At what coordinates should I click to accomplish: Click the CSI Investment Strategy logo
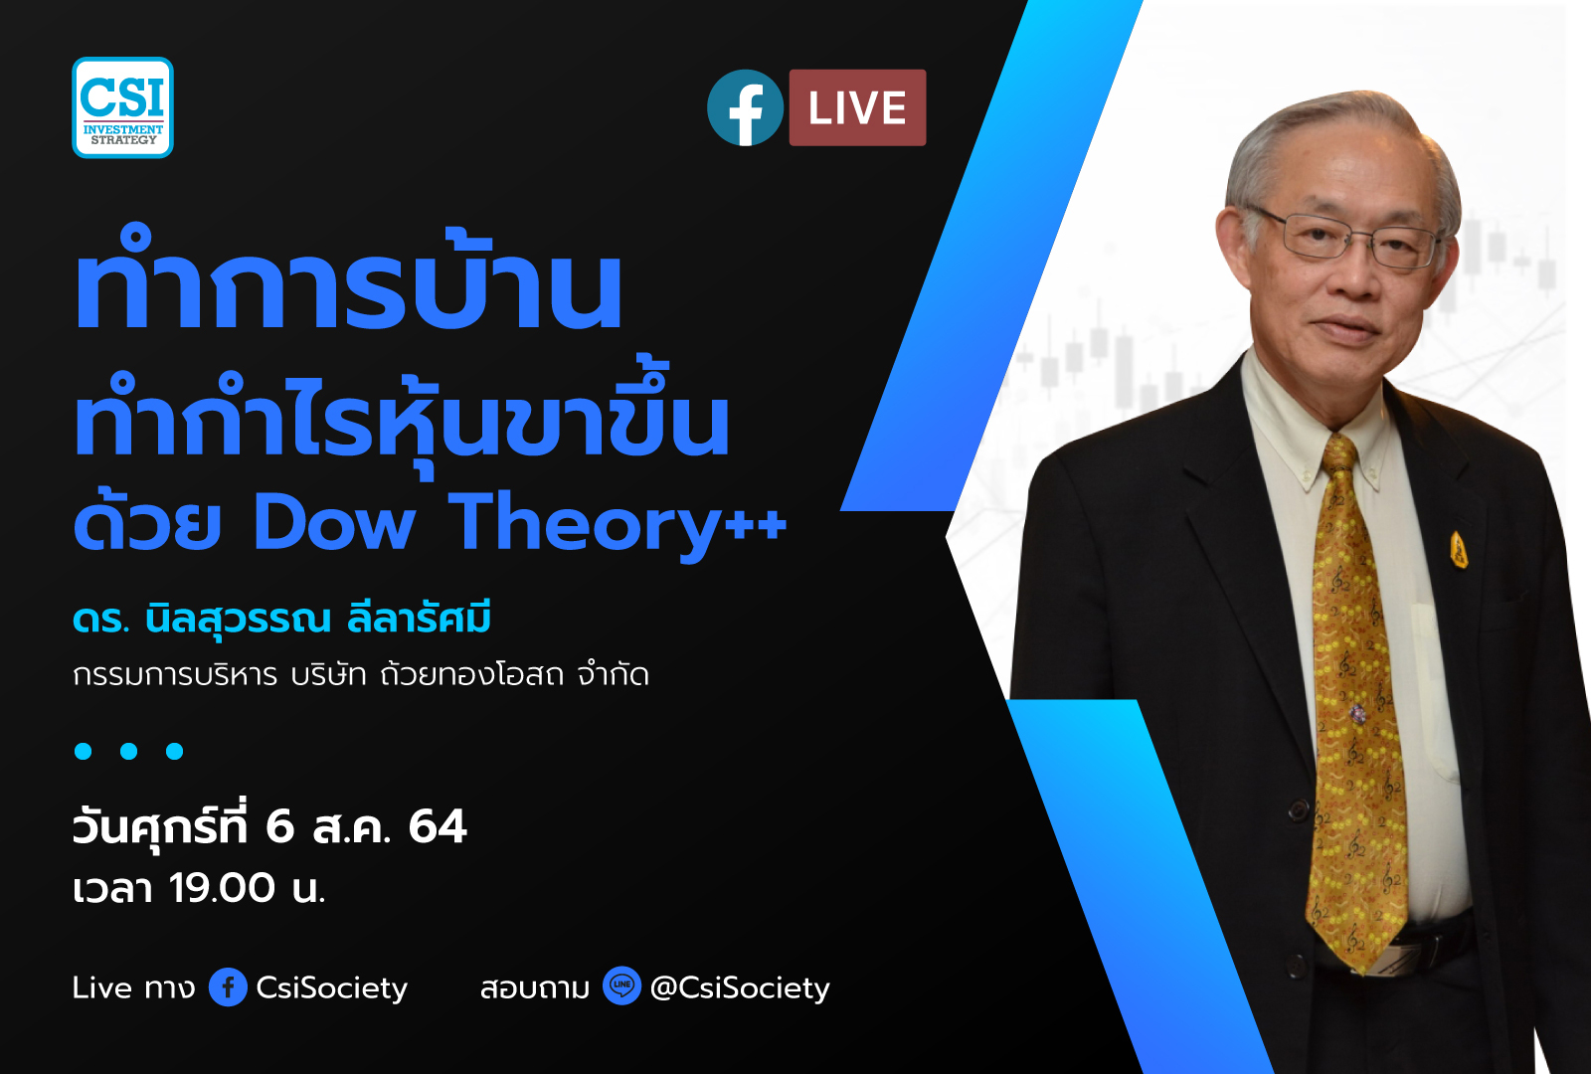point(122,107)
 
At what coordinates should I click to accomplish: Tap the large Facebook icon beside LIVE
point(745,107)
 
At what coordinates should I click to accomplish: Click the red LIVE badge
point(857,107)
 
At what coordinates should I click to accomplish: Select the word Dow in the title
point(333,523)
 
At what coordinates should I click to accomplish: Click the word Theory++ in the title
point(618,523)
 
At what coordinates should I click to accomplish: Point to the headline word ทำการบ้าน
point(348,288)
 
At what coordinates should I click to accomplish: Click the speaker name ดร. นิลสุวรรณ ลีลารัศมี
point(281,621)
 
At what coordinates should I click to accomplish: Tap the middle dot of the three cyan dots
point(128,751)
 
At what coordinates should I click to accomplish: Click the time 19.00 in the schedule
point(222,888)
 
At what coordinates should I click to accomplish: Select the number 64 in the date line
point(437,827)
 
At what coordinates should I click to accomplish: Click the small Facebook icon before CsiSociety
point(228,987)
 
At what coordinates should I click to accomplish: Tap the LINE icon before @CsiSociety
point(621,985)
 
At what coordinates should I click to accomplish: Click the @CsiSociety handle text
point(740,987)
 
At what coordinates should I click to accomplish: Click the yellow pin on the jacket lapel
point(1458,549)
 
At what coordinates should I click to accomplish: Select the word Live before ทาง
point(102,987)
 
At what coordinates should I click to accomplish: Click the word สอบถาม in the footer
point(535,987)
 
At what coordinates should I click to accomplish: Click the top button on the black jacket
point(1297,805)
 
